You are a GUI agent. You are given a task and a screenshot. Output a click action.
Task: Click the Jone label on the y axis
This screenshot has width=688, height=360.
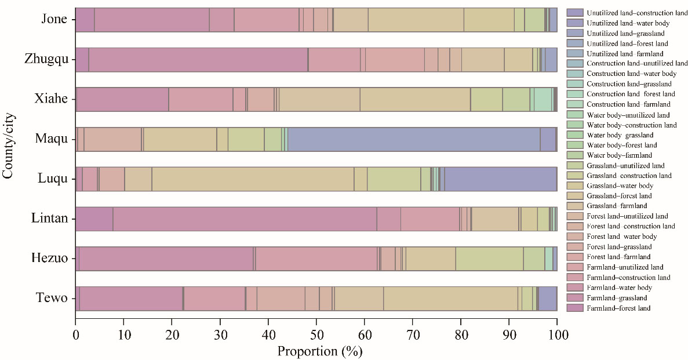(x=54, y=20)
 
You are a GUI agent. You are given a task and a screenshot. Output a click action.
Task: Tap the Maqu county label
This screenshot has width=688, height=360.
(x=52, y=139)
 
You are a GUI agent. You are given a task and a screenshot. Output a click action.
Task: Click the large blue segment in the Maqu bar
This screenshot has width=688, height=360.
(x=414, y=139)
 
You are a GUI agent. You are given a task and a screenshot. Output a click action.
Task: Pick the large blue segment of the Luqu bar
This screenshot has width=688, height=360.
(x=500, y=179)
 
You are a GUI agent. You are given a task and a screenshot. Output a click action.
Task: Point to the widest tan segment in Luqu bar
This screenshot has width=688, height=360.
(x=253, y=179)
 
